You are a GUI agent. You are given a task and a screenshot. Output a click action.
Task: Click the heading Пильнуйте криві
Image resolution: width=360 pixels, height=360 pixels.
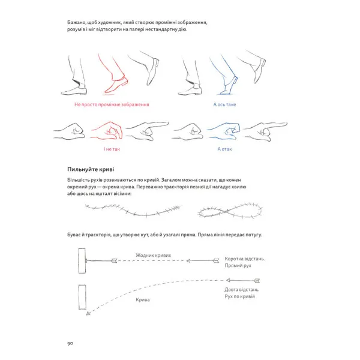pyautogui.click(x=91, y=169)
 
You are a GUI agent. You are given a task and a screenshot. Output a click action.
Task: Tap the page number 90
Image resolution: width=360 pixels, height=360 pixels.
pyautogui.click(x=70, y=343)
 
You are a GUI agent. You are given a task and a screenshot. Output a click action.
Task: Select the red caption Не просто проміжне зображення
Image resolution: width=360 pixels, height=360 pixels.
pyautogui.click(x=112, y=104)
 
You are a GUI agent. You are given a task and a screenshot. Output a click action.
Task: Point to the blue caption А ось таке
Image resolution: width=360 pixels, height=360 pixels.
pyautogui.click(x=224, y=104)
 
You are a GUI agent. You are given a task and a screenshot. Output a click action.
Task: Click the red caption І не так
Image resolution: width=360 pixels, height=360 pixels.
pyautogui.click(x=112, y=149)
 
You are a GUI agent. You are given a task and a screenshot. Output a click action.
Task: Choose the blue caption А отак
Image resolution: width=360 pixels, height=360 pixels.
pyautogui.click(x=224, y=149)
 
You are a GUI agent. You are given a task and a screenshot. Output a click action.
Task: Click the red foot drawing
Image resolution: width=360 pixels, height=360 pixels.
pyautogui.click(x=113, y=74)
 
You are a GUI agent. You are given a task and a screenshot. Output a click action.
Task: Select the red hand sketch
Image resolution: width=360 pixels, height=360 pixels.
pyautogui.click(x=107, y=131)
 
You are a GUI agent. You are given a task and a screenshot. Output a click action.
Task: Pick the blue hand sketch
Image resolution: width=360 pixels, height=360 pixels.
pyautogui.click(x=224, y=131)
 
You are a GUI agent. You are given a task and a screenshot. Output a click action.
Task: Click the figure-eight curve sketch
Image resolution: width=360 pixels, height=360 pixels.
pyautogui.click(x=230, y=210)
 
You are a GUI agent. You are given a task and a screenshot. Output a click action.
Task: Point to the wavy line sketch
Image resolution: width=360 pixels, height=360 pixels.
pyautogui.click(x=133, y=210)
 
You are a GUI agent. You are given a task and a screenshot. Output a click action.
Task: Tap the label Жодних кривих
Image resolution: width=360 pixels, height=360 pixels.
pyautogui.click(x=154, y=256)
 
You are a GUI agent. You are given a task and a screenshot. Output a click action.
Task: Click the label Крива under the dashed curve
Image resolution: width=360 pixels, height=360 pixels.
pyautogui.click(x=143, y=300)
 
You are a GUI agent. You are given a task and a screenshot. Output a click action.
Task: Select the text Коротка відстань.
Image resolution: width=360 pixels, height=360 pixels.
pyautogui.click(x=245, y=259)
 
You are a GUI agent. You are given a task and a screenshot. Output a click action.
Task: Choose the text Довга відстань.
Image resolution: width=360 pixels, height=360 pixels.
pyautogui.click(x=242, y=290)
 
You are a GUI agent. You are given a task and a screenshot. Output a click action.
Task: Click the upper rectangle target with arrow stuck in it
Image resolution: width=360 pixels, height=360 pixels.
pyautogui.click(x=82, y=261)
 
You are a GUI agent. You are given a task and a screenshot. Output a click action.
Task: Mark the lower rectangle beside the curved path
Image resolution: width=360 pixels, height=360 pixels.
pyautogui.click(x=82, y=297)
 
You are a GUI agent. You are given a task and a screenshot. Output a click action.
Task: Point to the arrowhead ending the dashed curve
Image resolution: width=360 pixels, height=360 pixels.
pyautogui.click(x=88, y=313)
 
